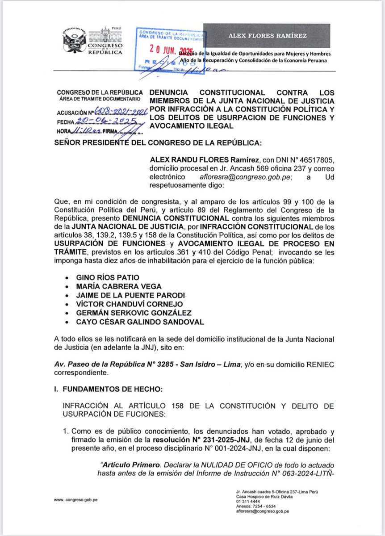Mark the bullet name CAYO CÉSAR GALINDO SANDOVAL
coord(133,322)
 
